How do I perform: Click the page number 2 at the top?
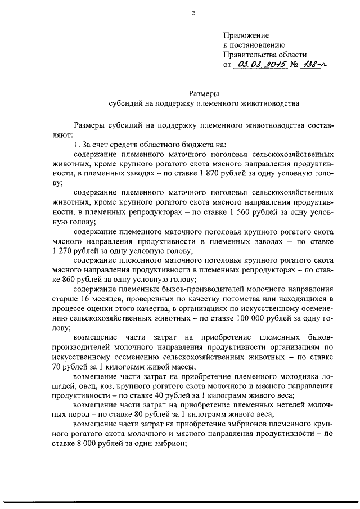click(x=192, y=13)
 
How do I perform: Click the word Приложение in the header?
click(x=246, y=35)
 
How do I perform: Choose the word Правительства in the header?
click(x=255, y=55)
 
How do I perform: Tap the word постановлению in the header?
click(x=259, y=45)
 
